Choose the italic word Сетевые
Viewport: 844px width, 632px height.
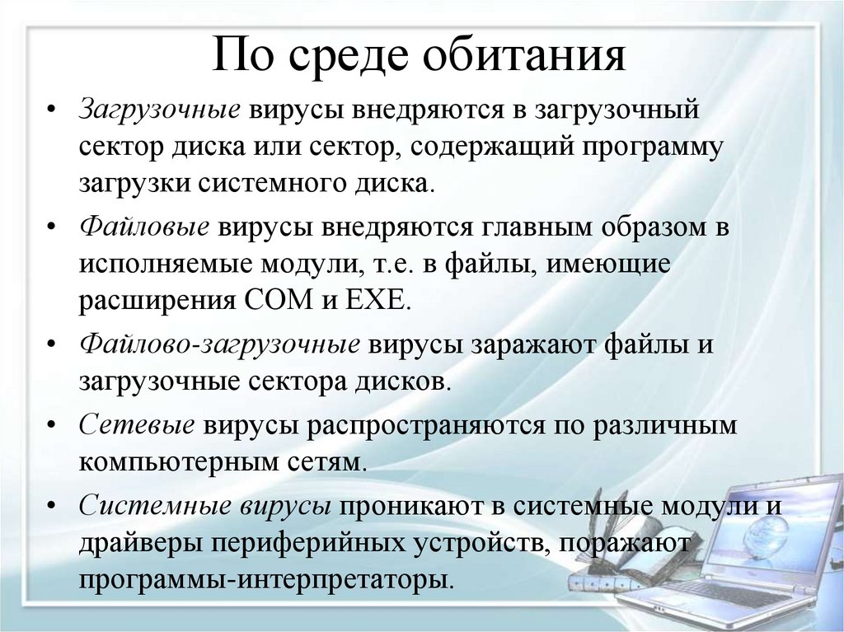(137, 424)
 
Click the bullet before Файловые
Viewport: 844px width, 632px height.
(52, 228)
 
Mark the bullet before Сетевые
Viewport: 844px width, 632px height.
(52, 424)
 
